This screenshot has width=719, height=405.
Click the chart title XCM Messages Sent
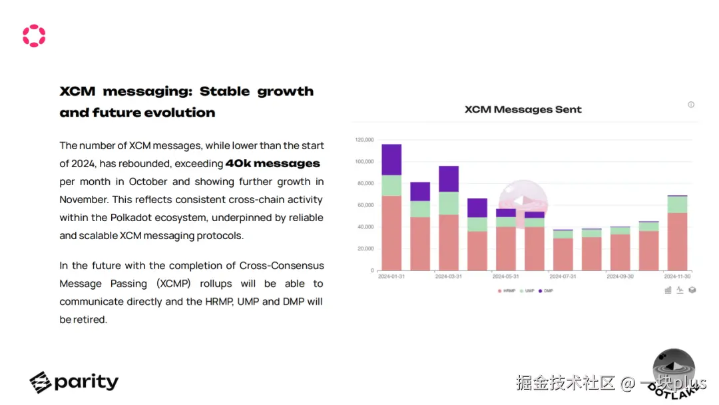click(523, 109)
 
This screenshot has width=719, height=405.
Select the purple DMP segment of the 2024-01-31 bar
click(391, 159)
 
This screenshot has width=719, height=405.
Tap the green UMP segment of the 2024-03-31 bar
click(449, 202)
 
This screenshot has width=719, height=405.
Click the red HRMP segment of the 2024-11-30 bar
click(677, 241)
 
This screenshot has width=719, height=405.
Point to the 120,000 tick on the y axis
click(364, 140)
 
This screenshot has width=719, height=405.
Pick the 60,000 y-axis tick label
click(365, 205)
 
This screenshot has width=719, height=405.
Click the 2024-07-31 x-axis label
click(563, 276)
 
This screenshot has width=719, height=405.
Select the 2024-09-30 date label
click(620, 276)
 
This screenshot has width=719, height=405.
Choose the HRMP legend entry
click(507, 291)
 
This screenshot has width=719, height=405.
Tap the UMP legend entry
click(529, 291)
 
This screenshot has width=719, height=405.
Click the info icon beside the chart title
click(691, 105)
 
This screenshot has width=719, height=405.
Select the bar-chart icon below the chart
click(668, 290)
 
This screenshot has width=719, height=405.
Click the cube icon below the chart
click(692, 290)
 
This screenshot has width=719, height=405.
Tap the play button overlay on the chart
click(523, 201)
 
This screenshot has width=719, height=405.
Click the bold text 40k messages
click(272, 163)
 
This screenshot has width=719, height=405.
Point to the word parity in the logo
click(86, 382)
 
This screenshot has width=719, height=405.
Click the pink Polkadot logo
click(34, 36)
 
